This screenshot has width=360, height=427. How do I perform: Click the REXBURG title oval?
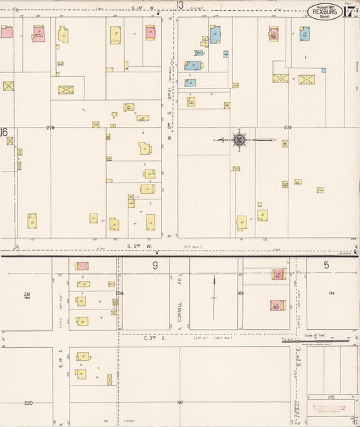pyautogui.click(x=324, y=11)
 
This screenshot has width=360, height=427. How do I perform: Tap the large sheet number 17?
pyautogui.click(x=351, y=11)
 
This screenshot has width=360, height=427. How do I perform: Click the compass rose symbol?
pyautogui.click(x=238, y=140)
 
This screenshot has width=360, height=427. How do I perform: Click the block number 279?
pyautogui.click(x=287, y=127)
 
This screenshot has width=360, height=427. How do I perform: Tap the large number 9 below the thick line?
pyautogui.click(x=155, y=266)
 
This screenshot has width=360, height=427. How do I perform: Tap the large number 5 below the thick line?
pyautogui.click(x=326, y=265)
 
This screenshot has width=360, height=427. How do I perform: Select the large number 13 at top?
pyautogui.click(x=180, y=5)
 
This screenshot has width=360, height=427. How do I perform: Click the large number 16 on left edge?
pyautogui.click(x=4, y=132)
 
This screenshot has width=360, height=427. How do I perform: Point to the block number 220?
pyautogui.click(x=28, y=403)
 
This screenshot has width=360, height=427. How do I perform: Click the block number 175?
pyautogui.click(x=330, y=397)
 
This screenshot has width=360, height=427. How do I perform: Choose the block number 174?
pyautogui.click(x=331, y=293)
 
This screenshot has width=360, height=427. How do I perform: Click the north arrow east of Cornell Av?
pyautogui.click(x=214, y=297)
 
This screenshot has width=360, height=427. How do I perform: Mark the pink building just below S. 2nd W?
pyautogui.click(x=82, y=266)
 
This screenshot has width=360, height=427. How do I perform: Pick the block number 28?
pyautogui.click(x=27, y=294)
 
